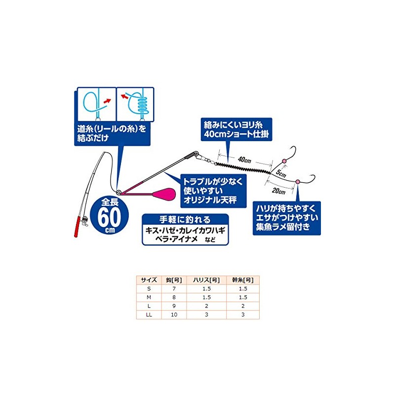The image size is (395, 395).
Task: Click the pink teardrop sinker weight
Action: tap(165, 194)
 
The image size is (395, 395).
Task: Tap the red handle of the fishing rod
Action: tap(78, 227)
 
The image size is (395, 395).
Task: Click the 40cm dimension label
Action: tap(244, 159)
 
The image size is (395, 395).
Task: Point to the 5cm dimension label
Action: tap(281, 173)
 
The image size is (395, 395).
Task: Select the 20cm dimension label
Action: tap(278, 191)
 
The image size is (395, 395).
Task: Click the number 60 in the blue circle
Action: tap(109, 217)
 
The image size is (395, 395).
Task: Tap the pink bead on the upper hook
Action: tap(284, 161)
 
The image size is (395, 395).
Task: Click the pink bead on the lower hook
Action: tap(298, 182)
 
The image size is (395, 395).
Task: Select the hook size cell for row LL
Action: tap(174, 315)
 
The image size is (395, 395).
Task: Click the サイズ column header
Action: tap(149, 280)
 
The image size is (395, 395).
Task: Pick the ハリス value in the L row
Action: tap(206, 306)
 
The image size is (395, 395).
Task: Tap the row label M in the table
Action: tap(149, 298)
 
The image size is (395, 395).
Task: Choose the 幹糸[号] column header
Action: tap(243, 280)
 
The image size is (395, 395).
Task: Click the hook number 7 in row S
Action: tap(174, 289)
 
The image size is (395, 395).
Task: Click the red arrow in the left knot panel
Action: tap(107, 101)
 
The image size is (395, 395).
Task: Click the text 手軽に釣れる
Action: tap(185, 220)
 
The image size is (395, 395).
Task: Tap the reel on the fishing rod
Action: tap(85, 221)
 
